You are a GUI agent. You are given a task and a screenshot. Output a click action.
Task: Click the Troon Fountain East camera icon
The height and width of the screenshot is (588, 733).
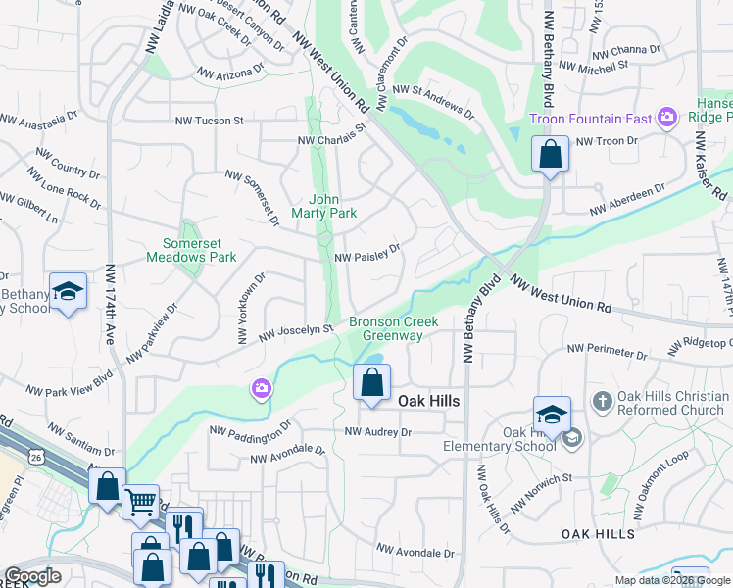[667, 118]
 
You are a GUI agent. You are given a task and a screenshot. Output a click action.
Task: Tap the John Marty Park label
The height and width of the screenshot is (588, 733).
[324, 205]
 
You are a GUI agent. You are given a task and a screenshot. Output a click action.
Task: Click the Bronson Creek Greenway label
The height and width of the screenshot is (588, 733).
[393, 328]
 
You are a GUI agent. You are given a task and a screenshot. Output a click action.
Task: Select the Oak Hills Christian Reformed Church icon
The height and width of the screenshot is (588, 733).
[603, 402]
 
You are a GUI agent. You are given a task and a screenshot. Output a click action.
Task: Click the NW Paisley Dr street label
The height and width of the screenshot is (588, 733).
[368, 255]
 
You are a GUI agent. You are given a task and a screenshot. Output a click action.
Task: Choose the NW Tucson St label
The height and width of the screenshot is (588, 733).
[209, 121]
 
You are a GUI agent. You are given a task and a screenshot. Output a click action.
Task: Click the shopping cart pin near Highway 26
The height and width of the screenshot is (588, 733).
[141, 502]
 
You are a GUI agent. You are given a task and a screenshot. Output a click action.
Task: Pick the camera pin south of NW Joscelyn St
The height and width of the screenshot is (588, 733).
[261, 389]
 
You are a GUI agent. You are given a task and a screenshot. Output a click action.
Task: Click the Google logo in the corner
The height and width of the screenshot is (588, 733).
[32, 576]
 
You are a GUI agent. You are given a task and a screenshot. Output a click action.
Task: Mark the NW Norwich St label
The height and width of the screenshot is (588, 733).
[541, 480]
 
